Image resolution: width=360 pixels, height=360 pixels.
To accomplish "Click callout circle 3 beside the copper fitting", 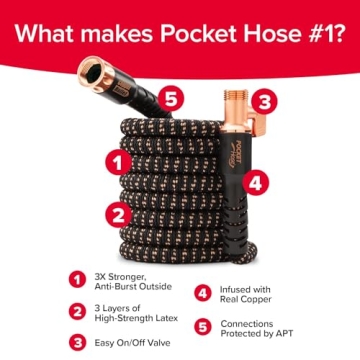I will (x=262, y=101).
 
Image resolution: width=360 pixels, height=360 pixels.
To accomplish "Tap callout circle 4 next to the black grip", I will (x=255, y=182).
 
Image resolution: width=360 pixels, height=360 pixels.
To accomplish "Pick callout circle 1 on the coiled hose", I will (x=118, y=158).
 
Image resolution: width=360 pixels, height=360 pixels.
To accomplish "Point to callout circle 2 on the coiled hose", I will (x=118, y=212).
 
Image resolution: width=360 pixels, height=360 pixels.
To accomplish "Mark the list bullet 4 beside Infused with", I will (x=203, y=294).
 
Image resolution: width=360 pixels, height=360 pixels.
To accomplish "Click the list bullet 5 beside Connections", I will (x=203, y=326).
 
